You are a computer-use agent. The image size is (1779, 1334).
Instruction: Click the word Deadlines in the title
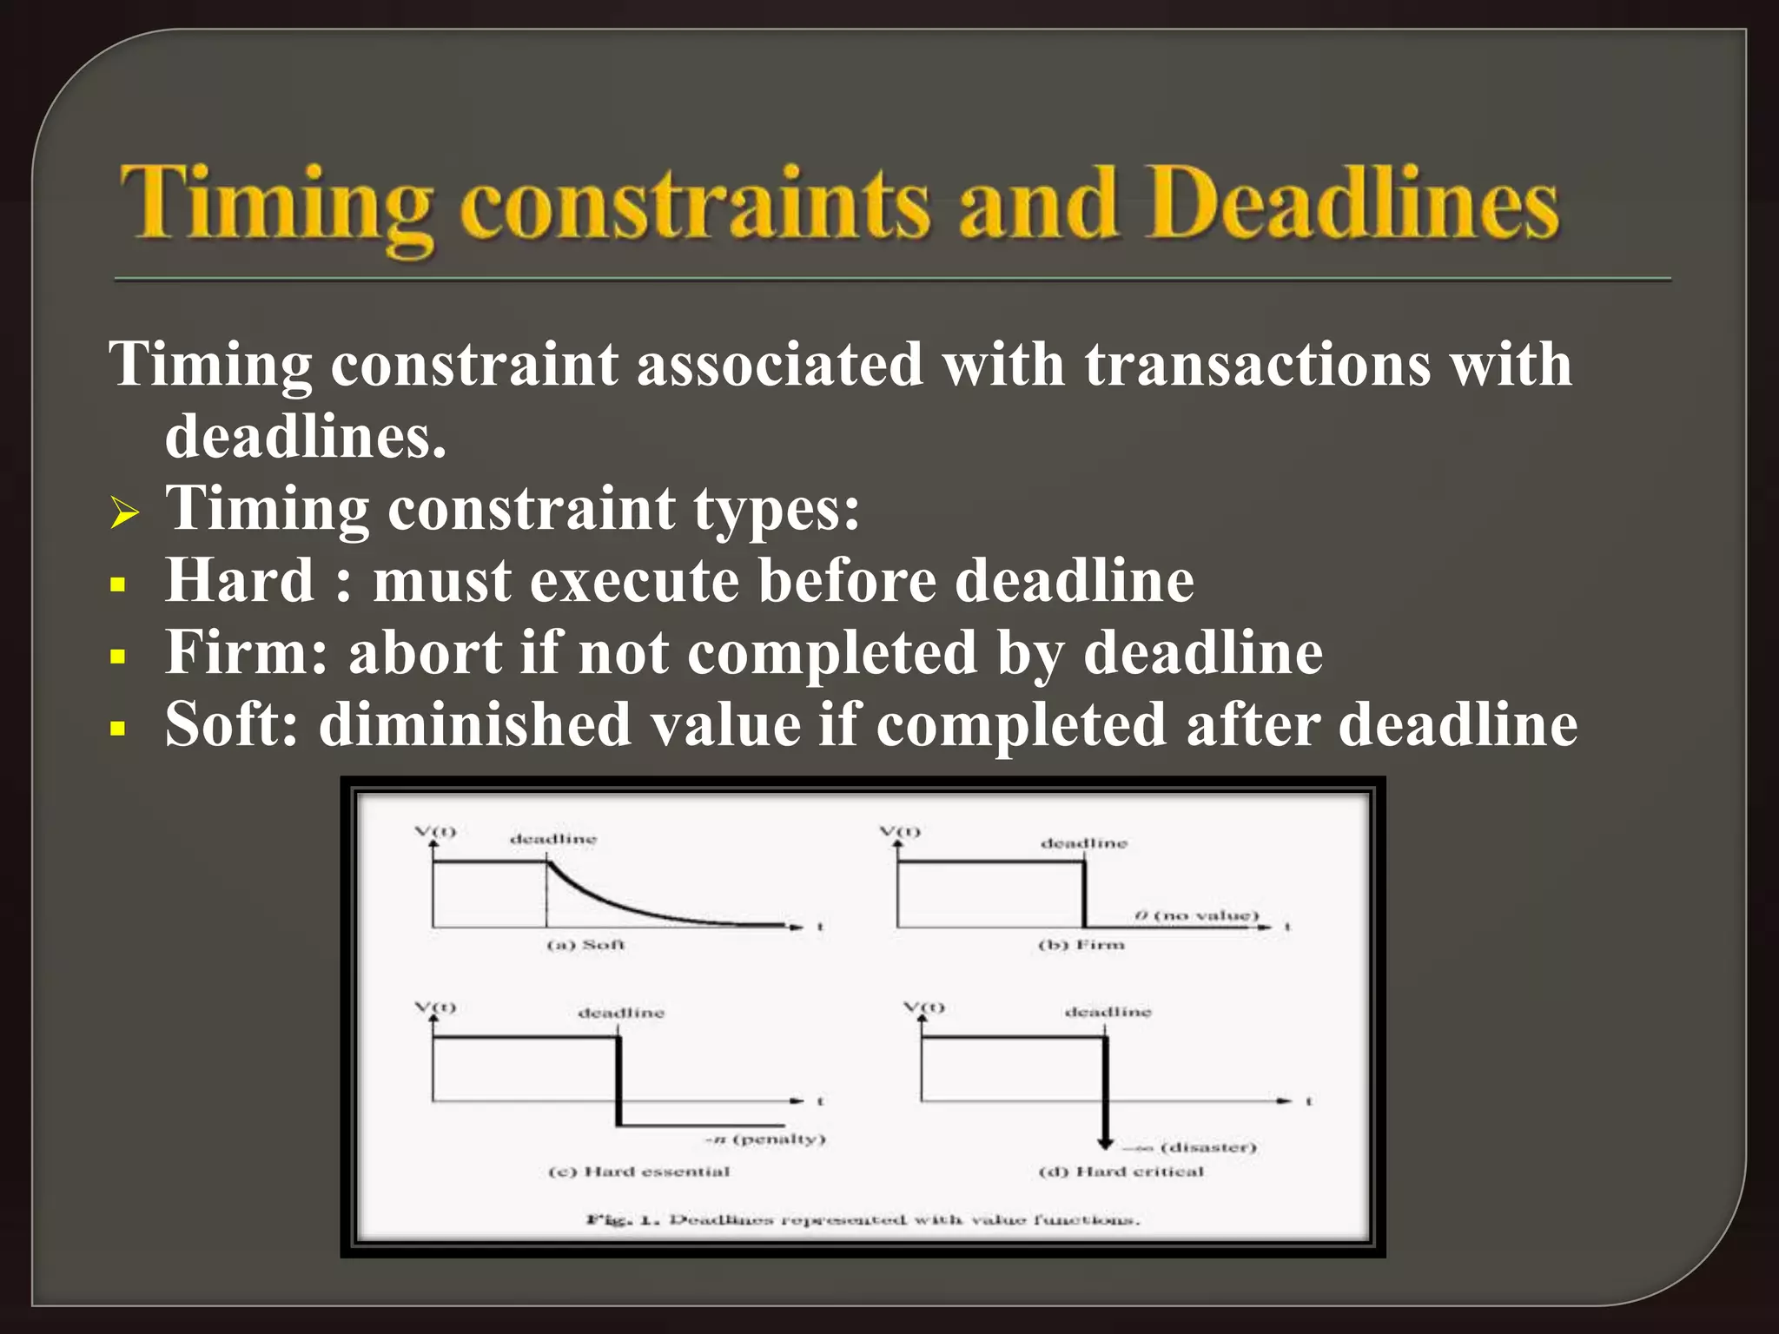coord(1355,204)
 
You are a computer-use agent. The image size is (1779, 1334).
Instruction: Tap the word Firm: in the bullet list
coord(248,652)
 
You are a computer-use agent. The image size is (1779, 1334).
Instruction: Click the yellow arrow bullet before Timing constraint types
coord(125,512)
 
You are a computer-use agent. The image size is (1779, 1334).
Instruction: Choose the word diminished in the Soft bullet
coord(474,724)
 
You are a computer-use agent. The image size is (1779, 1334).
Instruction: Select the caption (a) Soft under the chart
coord(585,944)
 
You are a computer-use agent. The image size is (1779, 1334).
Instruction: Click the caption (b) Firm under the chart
coord(1081,944)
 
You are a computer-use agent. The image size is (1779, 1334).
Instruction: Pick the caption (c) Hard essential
coord(639,1172)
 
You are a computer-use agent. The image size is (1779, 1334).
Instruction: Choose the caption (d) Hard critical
coord(1121,1172)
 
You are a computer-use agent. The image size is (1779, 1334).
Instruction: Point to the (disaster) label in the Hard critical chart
coord(1207,1147)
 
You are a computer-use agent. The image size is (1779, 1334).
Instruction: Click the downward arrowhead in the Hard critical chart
coord(1105,1141)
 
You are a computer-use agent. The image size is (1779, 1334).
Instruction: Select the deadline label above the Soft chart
coord(553,839)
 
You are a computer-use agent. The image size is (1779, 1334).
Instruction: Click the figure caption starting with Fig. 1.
coord(863,1219)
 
